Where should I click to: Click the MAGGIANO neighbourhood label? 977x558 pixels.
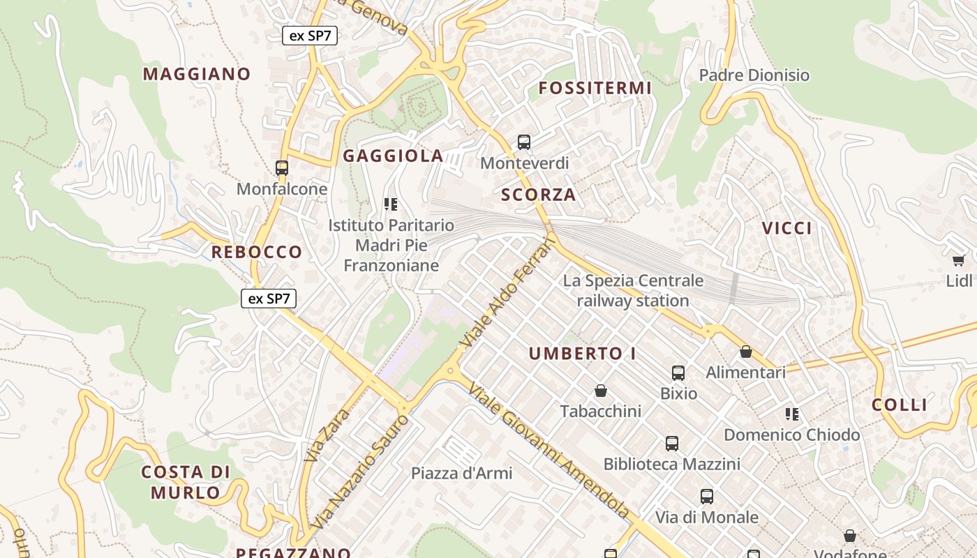(x=197, y=74)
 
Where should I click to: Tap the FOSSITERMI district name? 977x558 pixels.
(x=595, y=88)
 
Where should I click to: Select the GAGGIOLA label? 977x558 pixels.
(x=393, y=156)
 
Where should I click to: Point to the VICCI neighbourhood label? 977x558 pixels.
(x=787, y=228)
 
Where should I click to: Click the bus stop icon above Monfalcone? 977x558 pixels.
(x=282, y=168)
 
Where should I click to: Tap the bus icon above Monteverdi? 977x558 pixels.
(x=524, y=142)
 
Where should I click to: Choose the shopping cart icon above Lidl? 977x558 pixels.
(x=959, y=260)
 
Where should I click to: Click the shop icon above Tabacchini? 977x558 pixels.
(x=601, y=391)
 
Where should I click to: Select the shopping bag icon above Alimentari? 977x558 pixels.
(x=746, y=352)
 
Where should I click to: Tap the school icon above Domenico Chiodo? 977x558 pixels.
(x=791, y=414)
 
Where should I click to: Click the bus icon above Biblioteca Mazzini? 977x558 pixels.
(x=671, y=443)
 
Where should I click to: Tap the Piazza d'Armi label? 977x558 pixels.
(x=461, y=473)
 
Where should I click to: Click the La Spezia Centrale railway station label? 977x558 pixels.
(x=633, y=291)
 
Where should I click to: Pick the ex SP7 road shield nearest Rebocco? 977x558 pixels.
(x=269, y=299)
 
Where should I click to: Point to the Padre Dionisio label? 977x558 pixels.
(x=754, y=75)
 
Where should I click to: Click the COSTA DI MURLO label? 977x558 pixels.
(x=186, y=482)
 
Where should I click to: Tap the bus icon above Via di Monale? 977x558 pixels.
(x=707, y=497)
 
